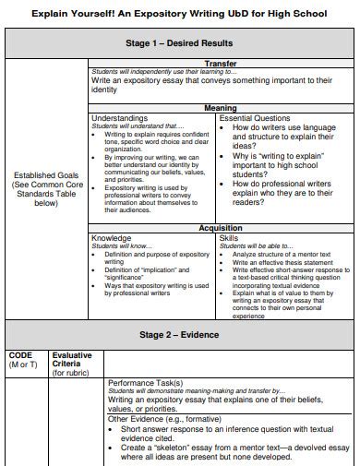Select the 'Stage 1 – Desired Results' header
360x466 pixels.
pyautogui.click(x=178, y=43)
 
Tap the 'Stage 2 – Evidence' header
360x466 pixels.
pyautogui.click(x=178, y=335)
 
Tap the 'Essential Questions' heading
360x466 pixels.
pyautogui.click(x=254, y=118)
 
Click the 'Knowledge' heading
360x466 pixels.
pyautogui.click(x=111, y=237)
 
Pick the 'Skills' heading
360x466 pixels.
pyautogui.click(x=229, y=237)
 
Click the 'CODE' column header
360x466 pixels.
pyautogui.click(x=20, y=354)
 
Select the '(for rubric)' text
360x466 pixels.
pyautogui.click(x=71, y=373)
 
